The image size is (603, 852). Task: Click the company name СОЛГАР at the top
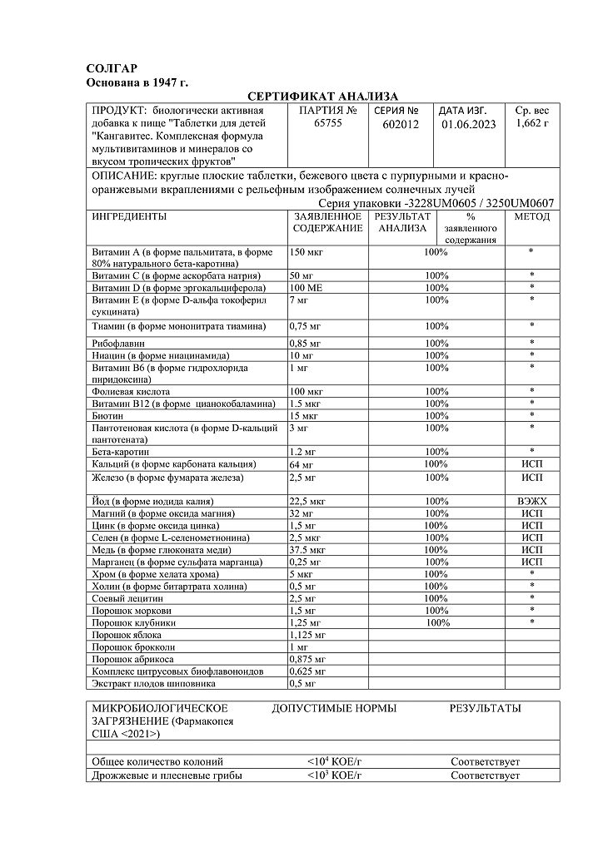click(112, 68)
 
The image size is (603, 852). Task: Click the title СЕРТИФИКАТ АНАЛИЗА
click(323, 97)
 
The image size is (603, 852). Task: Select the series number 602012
click(401, 124)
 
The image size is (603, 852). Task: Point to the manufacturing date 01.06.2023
click(468, 124)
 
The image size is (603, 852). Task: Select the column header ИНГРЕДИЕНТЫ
click(128, 216)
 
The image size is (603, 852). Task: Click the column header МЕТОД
click(532, 216)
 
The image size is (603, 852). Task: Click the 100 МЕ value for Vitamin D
click(306, 287)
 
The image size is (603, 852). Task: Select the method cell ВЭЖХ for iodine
click(531, 502)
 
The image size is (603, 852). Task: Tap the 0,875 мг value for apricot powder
click(306, 659)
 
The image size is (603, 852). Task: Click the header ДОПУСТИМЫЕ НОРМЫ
click(334, 709)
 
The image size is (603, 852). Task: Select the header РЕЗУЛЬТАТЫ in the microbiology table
click(485, 709)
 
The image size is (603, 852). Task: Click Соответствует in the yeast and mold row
click(485, 775)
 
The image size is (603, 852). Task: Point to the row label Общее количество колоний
click(157, 761)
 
